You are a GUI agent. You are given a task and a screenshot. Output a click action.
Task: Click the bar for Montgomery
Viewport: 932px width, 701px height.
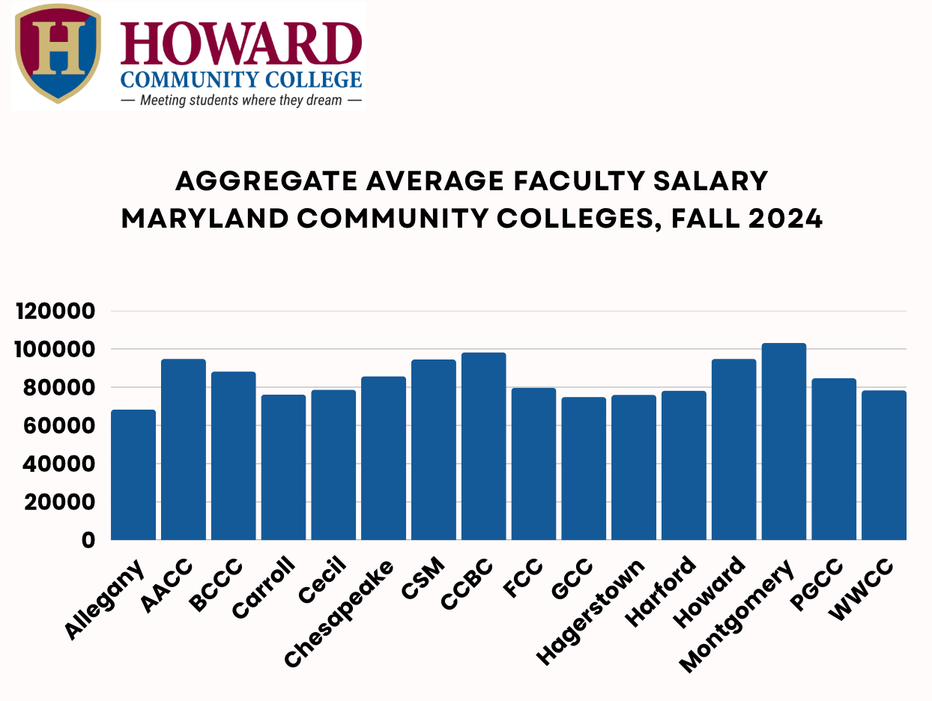(x=784, y=442)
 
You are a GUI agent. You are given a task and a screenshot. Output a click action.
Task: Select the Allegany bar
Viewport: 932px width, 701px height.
(x=133, y=475)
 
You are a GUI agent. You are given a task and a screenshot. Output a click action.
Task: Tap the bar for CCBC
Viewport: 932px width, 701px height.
(x=483, y=446)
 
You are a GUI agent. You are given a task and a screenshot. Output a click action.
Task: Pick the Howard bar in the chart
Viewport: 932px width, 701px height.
(x=733, y=449)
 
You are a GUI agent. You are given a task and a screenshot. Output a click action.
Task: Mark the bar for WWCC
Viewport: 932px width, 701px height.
(x=884, y=465)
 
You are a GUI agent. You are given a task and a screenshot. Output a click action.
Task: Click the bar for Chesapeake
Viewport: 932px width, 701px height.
(x=384, y=458)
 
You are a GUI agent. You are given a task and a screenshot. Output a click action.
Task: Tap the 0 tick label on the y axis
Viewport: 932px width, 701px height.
(x=88, y=540)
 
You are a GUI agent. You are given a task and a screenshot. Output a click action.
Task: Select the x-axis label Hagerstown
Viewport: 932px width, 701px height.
(x=591, y=613)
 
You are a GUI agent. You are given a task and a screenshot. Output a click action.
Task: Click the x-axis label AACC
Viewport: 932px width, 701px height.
(x=168, y=586)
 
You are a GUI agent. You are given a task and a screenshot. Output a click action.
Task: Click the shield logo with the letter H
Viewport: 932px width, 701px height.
(x=58, y=52)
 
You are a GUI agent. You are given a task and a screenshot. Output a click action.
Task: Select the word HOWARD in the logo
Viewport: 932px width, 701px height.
(x=240, y=43)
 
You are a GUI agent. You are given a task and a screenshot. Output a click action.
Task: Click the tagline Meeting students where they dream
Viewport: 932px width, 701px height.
(x=240, y=100)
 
